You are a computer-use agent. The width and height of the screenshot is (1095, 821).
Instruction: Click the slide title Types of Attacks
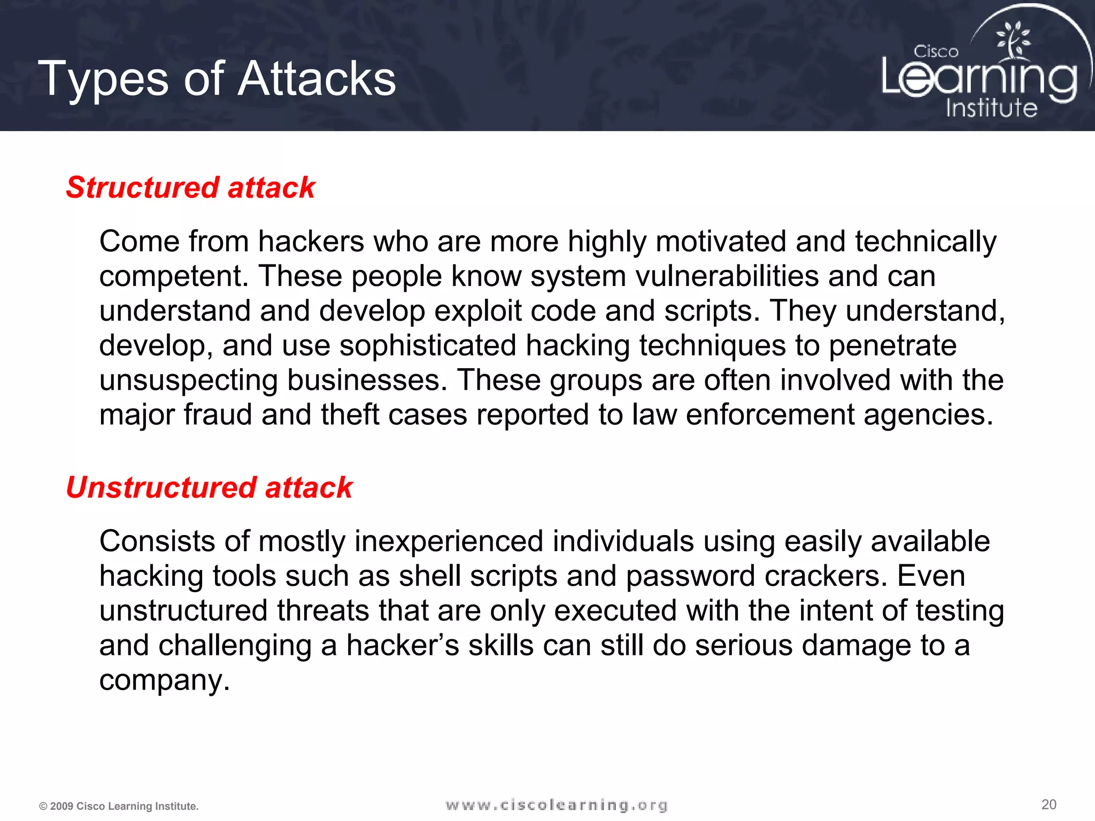(217, 79)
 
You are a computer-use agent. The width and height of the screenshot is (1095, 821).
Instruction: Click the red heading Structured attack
(190, 188)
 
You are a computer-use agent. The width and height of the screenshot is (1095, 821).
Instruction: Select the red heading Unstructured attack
(209, 487)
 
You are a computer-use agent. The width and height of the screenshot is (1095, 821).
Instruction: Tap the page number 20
(1048, 804)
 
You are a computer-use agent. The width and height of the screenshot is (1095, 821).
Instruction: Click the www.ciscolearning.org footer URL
(556, 805)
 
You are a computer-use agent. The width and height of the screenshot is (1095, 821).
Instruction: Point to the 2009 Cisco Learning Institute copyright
(119, 806)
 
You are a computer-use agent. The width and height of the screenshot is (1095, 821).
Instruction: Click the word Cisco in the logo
(936, 52)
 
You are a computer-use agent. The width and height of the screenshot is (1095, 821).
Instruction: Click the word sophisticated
(428, 346)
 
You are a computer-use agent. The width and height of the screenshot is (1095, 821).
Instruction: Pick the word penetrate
(892, 346)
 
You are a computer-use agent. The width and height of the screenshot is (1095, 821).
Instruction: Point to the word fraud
(218, 415)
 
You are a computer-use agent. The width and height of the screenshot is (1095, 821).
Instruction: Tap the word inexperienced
(449, 541)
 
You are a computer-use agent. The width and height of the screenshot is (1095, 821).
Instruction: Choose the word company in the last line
(164, 681)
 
